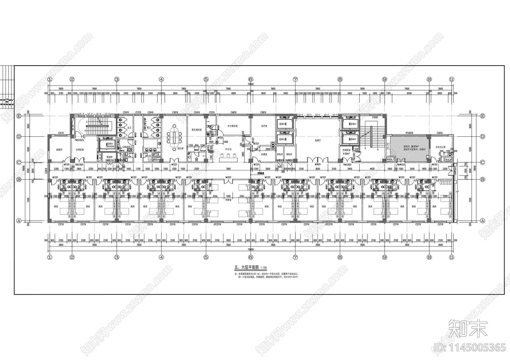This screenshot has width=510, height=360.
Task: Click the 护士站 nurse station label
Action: point(228,149)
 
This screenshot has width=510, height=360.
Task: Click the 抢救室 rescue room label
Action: point(228,200)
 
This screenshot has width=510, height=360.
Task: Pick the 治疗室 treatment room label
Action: point(264,126)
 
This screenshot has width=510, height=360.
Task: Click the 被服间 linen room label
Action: point(59,149)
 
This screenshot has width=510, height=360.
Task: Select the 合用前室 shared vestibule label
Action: point(80,149)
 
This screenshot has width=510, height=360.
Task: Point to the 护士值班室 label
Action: point(233,126)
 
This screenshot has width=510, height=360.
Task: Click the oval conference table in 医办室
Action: point(174,137)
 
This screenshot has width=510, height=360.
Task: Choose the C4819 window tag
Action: point(234,112)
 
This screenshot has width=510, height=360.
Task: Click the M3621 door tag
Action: point(317,165)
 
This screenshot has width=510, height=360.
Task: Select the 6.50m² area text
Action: point(346,153)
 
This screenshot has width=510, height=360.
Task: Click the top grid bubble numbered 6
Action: point(251,79)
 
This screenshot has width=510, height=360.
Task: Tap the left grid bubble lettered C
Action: point(19,162)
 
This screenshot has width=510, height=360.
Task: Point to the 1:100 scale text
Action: point(264,268)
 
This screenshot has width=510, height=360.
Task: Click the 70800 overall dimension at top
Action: point(251,84)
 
